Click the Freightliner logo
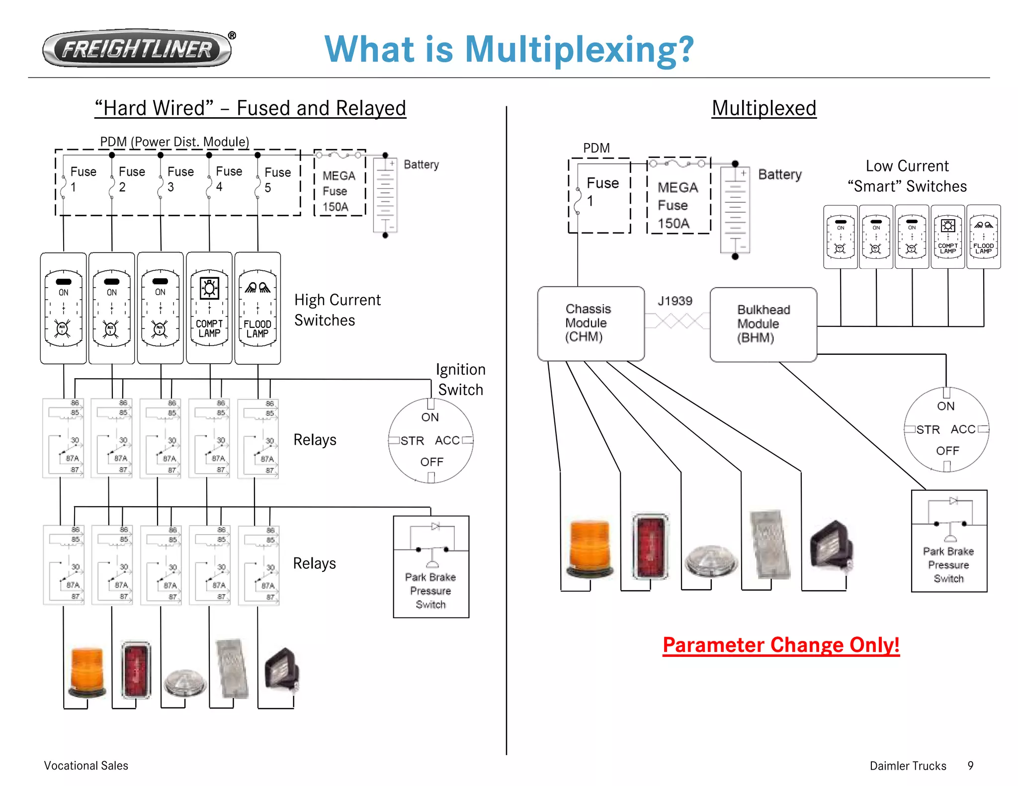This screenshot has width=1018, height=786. [137, 49]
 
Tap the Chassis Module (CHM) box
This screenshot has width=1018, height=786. [591, 323]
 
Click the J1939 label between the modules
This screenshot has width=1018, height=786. [675, 301]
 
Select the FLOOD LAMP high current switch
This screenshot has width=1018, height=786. [257, 308]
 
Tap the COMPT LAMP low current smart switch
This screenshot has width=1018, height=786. [947, 237]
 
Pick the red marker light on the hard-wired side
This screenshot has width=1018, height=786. [136, 670]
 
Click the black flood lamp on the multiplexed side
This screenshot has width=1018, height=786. [832, 546]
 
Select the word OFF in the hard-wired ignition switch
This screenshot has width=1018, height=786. [431, 462]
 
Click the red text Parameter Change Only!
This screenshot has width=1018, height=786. [781, 645]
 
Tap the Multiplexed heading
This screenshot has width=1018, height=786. [763, 108]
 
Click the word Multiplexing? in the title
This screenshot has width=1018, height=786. [579, 50]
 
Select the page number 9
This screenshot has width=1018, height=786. [970, 766]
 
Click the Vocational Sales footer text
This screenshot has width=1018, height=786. [86, 766]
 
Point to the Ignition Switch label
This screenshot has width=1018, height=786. [460, 380]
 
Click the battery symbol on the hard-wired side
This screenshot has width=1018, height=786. [385, 195]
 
